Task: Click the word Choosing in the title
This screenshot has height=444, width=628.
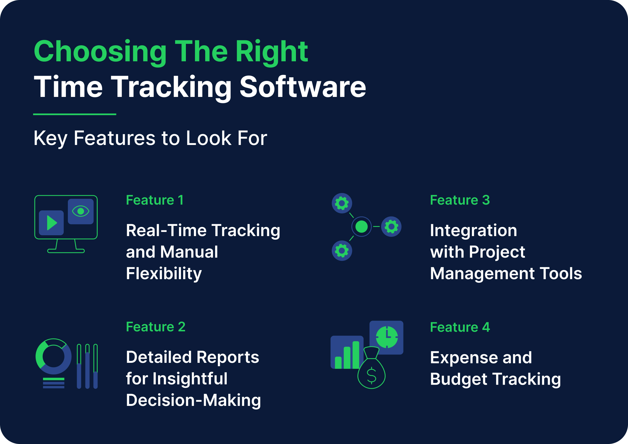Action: click(100, 52)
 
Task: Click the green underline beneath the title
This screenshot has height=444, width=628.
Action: click(74, 114)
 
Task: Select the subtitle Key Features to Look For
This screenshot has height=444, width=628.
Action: click(150, 138)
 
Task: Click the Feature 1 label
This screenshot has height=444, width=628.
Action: click(154, 200)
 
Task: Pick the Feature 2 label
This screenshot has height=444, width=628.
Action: click(156, 327)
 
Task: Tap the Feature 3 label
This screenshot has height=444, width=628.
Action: click(460, 200)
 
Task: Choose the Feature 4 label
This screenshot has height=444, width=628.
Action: click(460, 327)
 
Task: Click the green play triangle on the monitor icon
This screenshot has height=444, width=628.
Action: click(52, 223)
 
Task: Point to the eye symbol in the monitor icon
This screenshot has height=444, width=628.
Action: click(81, 211)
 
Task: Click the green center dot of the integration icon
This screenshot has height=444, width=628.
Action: click(361, 227)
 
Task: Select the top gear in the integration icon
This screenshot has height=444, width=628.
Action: click(342, 203)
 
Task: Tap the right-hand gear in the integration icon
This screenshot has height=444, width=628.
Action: click(391, 227)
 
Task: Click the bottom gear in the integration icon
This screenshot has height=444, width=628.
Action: click(342, 251)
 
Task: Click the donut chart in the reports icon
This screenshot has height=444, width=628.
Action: click(53, 356)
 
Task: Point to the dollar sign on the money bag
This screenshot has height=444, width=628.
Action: click(372, 375)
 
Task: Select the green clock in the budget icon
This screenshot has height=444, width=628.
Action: click(387, 337)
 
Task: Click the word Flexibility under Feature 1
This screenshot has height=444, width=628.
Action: click(164, 274)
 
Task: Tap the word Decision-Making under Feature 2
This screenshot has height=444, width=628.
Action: click(193, 400)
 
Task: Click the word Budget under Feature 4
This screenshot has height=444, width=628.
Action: click(458, 379)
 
